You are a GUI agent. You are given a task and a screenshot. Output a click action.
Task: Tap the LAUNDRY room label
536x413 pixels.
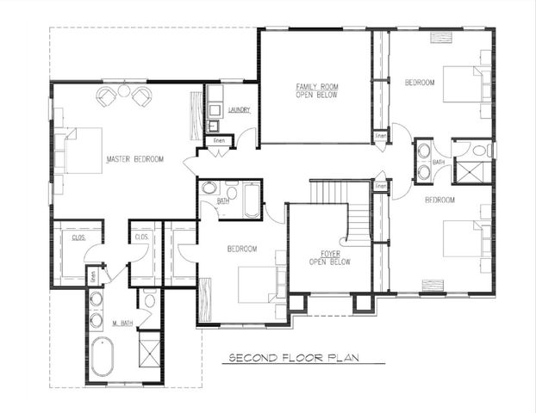(x=239, y=110)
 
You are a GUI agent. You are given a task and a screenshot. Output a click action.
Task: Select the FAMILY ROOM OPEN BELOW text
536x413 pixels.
(x=316, y=90)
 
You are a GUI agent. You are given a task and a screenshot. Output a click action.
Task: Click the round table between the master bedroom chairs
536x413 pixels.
(x=124, y=92)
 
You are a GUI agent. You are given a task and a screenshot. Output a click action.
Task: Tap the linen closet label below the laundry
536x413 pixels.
(x=219, y=140)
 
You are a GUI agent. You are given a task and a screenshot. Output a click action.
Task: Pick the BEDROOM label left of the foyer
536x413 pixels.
(x=242, y=250)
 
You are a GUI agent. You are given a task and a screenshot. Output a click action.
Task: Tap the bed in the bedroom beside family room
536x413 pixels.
(x=464, y=84)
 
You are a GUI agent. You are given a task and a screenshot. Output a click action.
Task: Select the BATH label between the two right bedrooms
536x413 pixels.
(x=439, y=162)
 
